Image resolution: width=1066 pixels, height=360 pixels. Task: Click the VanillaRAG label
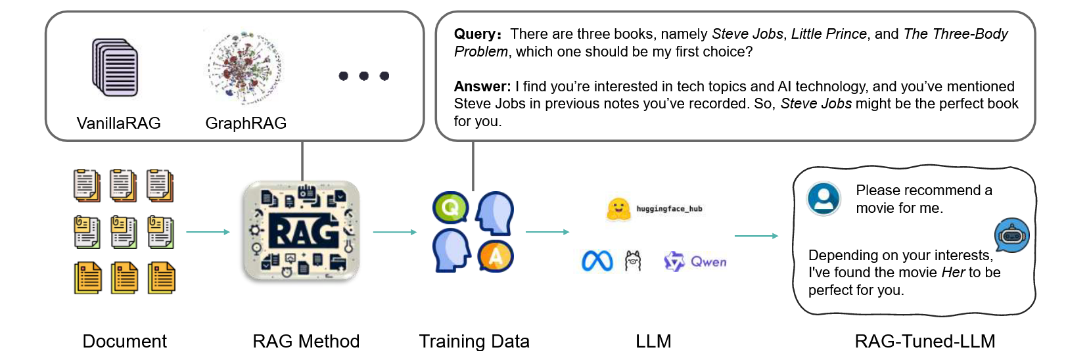(x=118, y=123)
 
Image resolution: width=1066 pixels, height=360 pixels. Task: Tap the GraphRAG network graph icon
(x=244, y=68)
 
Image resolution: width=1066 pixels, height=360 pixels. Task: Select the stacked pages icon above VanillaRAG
(x=115, y=68)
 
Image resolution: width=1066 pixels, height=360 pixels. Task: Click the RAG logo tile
(x=302, y=232)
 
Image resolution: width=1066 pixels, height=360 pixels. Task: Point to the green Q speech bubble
(x=450, y=208)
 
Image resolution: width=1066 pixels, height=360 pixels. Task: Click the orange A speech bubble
(x=496, y=256)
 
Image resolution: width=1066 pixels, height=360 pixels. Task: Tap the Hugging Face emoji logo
(x=618, y=209)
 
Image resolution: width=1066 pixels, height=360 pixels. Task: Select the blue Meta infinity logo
(x=597, y=261)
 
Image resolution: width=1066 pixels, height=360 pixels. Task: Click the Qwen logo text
(x=708, y=261)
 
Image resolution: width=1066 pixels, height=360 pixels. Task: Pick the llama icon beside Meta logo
(x=633, y=261)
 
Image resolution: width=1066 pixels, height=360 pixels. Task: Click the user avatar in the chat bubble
(x=823, y=198)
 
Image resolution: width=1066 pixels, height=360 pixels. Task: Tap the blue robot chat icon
(x=1012, y=235)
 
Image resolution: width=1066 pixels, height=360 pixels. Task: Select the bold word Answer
(x=482, y=87)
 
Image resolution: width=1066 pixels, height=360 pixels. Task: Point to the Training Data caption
(x=474, y=342)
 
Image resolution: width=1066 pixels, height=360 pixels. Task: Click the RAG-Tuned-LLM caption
(x=925, y=342)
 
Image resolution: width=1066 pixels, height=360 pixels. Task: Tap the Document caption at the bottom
(x=124, y=342)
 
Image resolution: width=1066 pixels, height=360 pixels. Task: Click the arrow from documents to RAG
(x=208, y=232)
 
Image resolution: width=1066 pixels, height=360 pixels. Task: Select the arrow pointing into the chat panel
(x=756, y=236)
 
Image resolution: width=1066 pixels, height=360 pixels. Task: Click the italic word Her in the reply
(x=953, y=273)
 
